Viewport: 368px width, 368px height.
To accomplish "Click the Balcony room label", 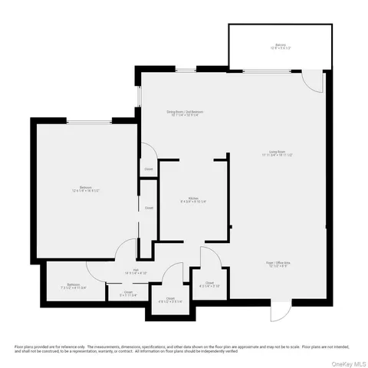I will [x=281, y=44].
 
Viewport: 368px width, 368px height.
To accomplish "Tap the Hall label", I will [x=133, y=269].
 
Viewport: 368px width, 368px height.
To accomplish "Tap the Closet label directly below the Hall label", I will [x=123, y=291].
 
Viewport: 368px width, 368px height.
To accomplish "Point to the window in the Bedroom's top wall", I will [x=86, y=121].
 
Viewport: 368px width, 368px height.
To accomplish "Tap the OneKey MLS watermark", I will [x=345, y=362].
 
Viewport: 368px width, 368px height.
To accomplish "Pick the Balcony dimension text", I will [x=281, y=48].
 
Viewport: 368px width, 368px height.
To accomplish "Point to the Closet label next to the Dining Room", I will [x=148, y=169].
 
